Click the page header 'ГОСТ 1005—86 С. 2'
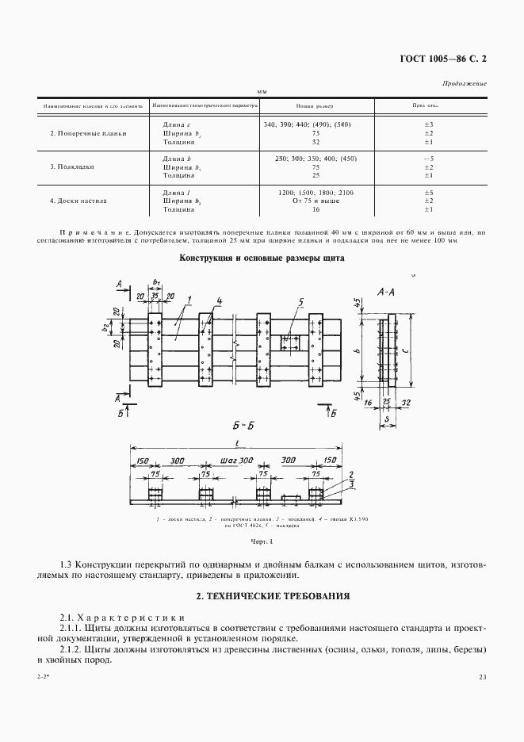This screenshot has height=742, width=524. [444, 58]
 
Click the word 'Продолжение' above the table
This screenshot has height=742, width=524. [465, 83]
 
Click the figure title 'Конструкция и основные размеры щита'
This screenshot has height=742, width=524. [261, 258]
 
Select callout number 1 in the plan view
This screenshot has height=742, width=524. [190, 300]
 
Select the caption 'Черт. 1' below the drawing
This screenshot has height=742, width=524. [262, 542]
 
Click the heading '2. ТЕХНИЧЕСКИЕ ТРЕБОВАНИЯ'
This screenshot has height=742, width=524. [262, 595]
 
